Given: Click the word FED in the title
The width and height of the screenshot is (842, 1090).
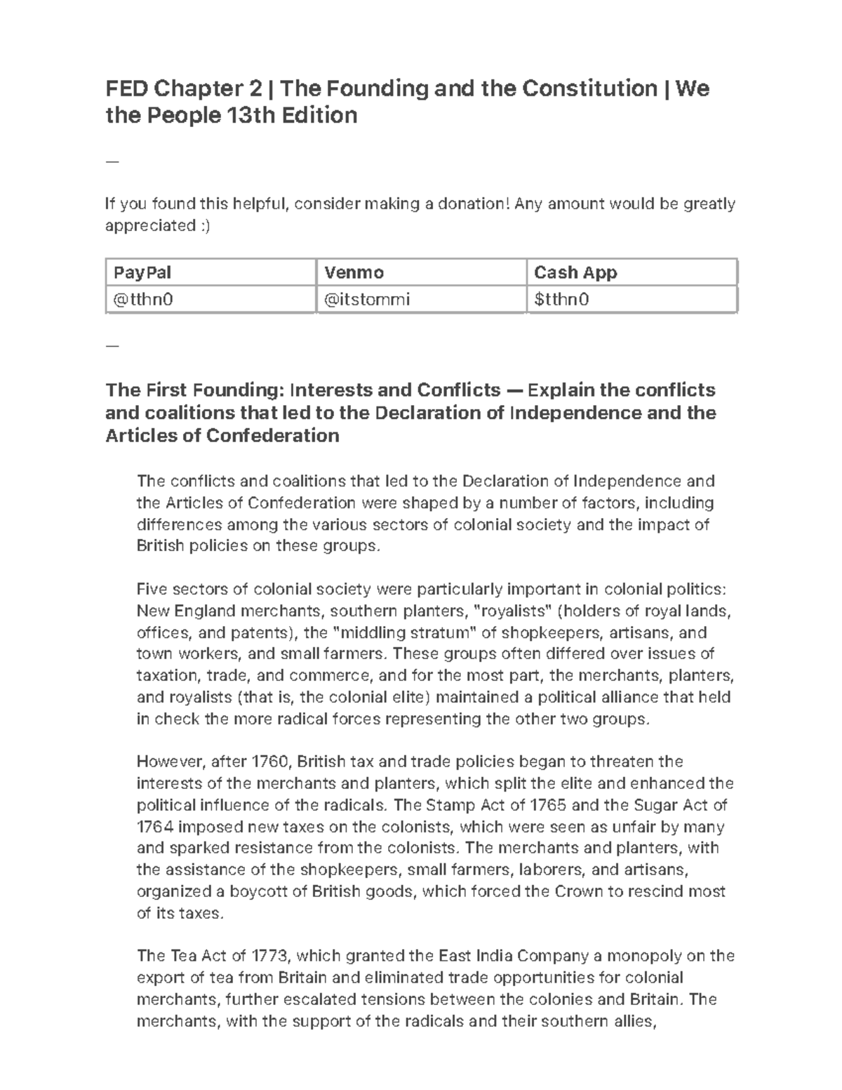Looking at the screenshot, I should click(127, 89).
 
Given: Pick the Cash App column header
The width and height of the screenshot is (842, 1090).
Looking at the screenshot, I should click(575, 272).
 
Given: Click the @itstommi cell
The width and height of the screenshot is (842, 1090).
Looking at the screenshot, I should click(366, 300).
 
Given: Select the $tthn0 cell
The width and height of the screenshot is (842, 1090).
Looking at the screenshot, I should click(561, 300).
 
